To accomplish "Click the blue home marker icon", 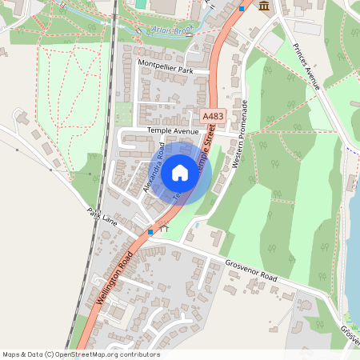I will (x=180, y=172).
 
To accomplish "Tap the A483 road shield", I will (x=212, y=116).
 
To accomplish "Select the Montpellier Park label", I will (x=166, y=70).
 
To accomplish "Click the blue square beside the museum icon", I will (x=242, y=9).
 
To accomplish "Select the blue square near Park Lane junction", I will (x=150, y=232).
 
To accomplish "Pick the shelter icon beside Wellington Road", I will (x=166, y=229).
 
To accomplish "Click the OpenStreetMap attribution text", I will (x=80, y=354).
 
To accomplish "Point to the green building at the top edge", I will (x=141, y=3).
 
